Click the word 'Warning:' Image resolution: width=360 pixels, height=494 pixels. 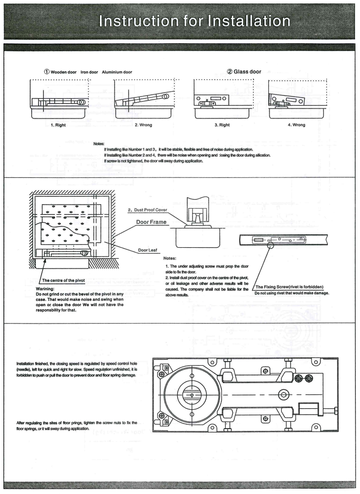[x=47, y=290]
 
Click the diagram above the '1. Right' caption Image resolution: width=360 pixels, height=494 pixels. [x=58, y=102]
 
